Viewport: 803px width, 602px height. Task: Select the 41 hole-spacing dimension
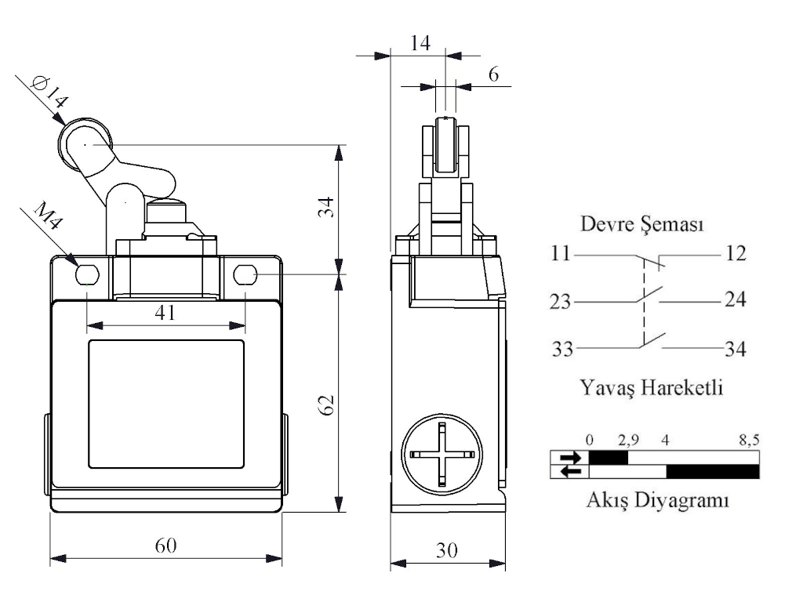(x=164, y=313)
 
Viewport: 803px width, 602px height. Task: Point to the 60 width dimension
(x=165, y=546)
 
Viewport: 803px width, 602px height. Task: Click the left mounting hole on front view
(x=86, y=274)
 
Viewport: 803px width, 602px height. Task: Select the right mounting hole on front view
(x=245, y=274)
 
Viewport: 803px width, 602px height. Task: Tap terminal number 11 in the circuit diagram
(x=561, y=255)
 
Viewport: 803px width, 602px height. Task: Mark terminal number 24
(x=735, y=299)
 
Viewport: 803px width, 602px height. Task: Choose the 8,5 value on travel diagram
(x=749, y=441)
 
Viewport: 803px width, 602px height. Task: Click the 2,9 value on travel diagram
(x=628, y=441)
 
